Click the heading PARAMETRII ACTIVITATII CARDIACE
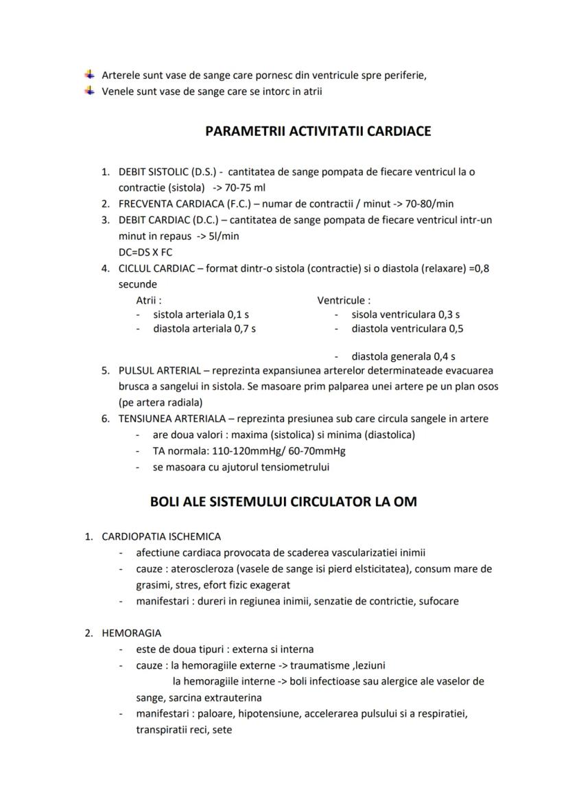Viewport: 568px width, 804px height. coord(318,131)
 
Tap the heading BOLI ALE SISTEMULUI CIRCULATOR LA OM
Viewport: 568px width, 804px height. coord(283,502)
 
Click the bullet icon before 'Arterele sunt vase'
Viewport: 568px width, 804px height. coord(89,75)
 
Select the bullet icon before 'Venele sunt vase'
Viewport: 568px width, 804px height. coord(89,91)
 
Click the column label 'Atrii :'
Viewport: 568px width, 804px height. coord(149,300)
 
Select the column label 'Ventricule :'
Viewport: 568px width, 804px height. coord(344,300)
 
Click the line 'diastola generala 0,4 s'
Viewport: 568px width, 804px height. coord(403,356)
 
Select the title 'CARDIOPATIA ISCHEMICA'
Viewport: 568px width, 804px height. coord(161,537)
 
